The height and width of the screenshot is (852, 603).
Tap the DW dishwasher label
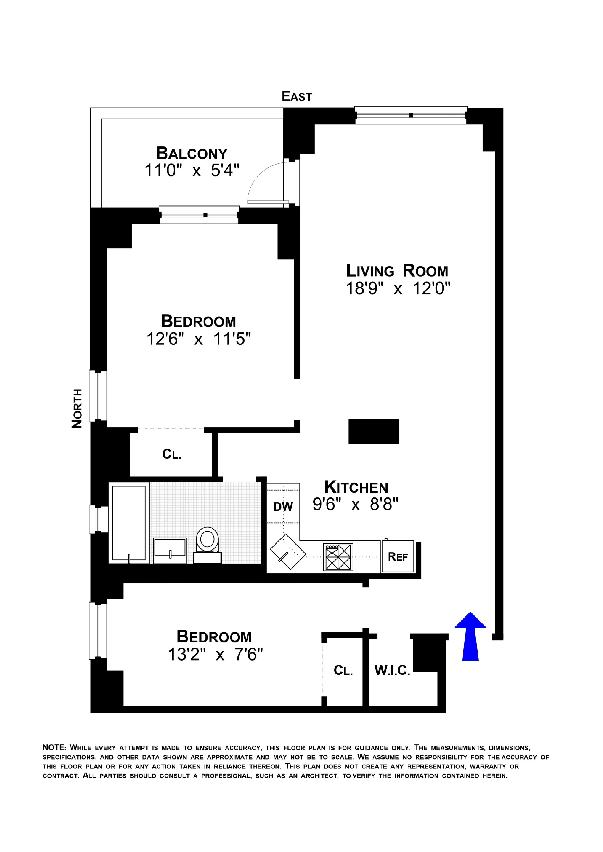click(283, 507)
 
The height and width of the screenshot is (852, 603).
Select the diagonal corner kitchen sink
click(287, 552)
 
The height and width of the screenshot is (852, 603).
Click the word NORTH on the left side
click(77, 408)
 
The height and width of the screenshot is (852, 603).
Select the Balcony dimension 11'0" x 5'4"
click(191, 171)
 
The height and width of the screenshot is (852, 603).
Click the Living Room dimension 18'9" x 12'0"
click(398, 288)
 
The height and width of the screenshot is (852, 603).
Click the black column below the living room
click(373, 431)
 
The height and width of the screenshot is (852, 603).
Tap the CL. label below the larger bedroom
click(172, 454)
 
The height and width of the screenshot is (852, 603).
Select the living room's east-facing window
click(410, 115)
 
